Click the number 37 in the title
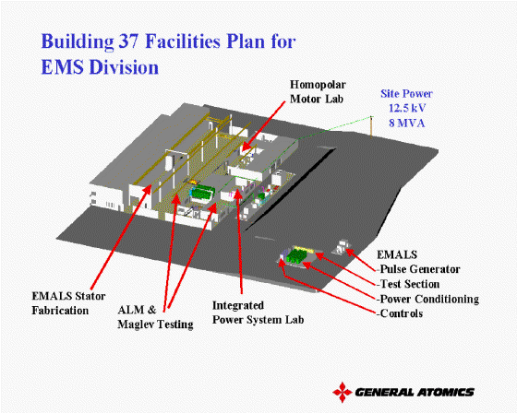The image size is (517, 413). coord(127,41)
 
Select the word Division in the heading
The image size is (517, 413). coord(124,67)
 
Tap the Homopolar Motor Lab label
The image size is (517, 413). coord(318,92)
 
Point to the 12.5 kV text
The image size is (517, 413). coord(407,108)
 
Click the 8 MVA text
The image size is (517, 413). coord(406,124)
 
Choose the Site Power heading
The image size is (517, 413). coord(406,93)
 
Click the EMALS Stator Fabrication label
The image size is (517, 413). coord(68,303)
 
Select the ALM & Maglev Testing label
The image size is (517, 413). coord(155,317)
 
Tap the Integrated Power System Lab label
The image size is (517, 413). coord(258,313)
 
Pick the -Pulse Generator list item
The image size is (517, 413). coord(418,269)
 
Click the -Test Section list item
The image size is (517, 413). coord(408,284)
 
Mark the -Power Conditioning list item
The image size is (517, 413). coord(427,299)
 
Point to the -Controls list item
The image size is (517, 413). coord(400,313)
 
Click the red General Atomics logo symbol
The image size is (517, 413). coord(343,392)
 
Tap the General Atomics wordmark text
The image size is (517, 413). coord(415,392)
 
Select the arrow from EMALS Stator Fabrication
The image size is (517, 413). coord(121,237)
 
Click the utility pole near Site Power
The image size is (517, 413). coord(371,127)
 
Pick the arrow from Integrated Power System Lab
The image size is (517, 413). coord(239,242)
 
